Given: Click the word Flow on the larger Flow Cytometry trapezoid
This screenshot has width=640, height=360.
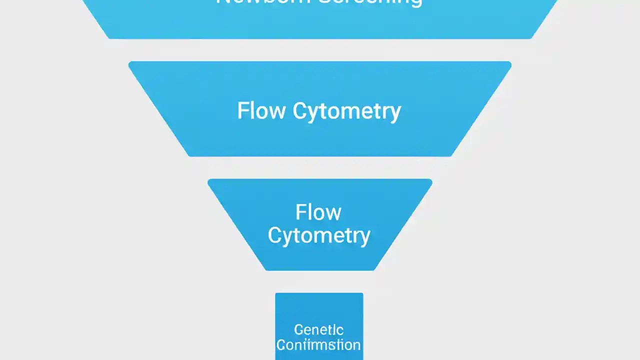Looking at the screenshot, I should click(x=261, y=110).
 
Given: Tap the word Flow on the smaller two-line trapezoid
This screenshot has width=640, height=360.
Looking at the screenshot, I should click(x=318, y=212).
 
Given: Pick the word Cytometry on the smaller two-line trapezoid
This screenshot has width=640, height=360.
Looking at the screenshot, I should click(x=319, y=235).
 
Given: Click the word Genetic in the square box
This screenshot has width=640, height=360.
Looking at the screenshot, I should click(x=318, y=330).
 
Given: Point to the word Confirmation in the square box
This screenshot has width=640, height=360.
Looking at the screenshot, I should click(x=318, y=345).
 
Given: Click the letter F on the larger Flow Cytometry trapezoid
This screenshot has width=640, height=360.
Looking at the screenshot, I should click(x=242, y=110).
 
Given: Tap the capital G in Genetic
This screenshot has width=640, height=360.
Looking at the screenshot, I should click(x=298, y=330).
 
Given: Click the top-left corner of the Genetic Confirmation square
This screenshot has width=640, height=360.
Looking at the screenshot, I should click(x=275, y=293).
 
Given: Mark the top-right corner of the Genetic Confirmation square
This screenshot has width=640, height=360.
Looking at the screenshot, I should click(x=363, y=293).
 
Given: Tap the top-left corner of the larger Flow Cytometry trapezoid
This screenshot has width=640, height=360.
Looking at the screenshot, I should click(x=129, y=62).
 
